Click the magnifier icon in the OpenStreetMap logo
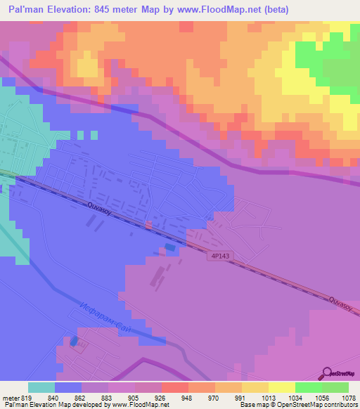click(x=326, y=372)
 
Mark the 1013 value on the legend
click(x=268, y=397)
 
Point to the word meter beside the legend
click(x=8, y=397)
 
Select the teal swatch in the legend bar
click(x=41, y=387)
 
